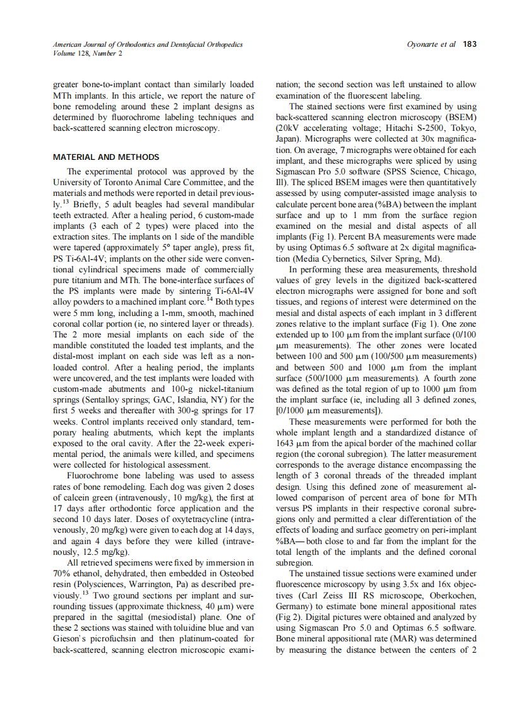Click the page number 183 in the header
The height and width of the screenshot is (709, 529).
(x=470, y=44)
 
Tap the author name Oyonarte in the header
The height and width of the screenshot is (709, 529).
(x=423, y=44)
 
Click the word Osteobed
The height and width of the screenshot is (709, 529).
(x=235, y=574)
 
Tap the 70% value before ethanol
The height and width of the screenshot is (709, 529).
(x=62, y=574)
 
